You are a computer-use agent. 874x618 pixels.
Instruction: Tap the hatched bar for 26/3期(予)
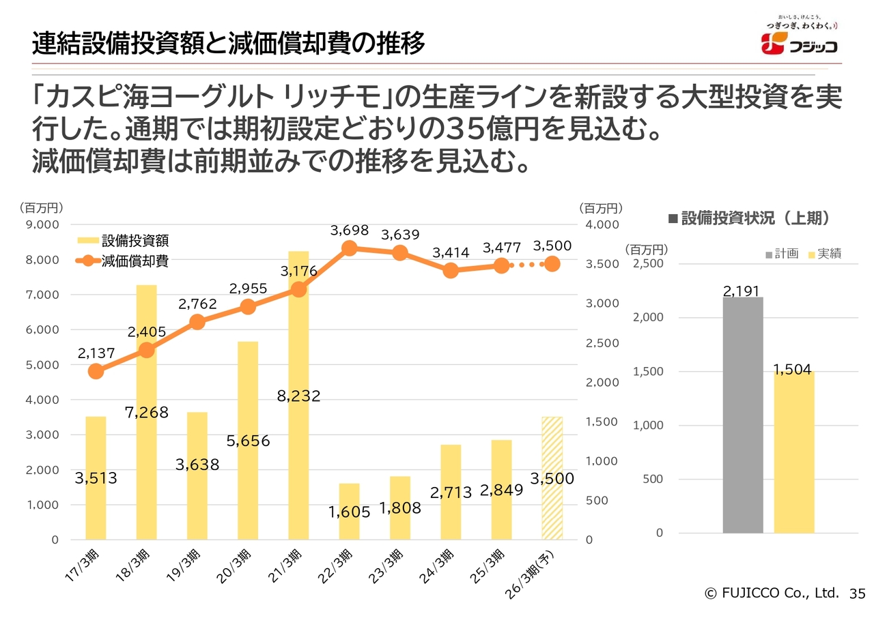tap(552, 477)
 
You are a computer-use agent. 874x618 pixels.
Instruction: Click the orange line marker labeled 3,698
tap(350, 248)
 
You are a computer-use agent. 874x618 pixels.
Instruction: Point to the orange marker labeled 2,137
tap(96, 371)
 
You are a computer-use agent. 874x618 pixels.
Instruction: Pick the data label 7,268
tap(147, 412)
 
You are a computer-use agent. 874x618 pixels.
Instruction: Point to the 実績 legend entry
tap(825, 254)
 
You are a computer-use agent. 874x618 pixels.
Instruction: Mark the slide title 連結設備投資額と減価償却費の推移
tap(228, 44)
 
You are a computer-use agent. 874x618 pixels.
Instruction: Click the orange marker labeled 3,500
tap(552, 264)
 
